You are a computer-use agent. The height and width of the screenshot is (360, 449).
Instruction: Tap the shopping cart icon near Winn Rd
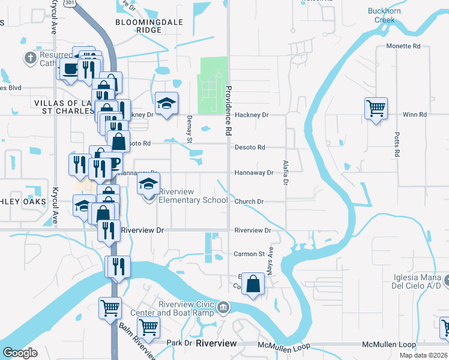tap(376, 109)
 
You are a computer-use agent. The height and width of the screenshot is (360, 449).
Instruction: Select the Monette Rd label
tap(402, 46)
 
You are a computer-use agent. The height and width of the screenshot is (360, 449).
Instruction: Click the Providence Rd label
tap(229, 109)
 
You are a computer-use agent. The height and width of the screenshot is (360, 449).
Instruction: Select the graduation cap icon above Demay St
tap(166, 103)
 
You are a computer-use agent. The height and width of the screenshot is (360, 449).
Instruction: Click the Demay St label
tap(188, 130)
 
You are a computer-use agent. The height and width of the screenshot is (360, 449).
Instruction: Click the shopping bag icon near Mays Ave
tap(254, 284)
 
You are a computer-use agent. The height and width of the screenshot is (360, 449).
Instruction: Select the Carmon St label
tap(249, 254)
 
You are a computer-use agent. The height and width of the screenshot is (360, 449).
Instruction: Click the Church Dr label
tap(249, 202)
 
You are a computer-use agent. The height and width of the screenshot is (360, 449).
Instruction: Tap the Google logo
tap(20, 353)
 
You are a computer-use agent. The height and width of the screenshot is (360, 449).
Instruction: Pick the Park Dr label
tap(178, 343)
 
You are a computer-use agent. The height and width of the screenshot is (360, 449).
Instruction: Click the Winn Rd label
tap(414, 114)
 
